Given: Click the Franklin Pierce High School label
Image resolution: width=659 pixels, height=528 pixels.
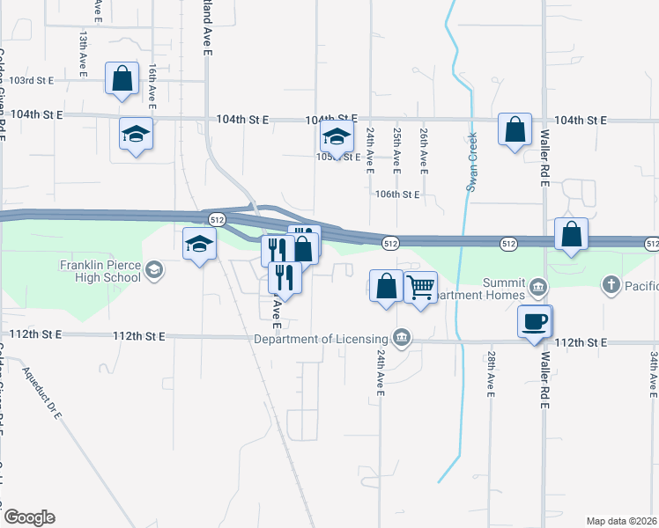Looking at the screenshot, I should [x=100, y=271].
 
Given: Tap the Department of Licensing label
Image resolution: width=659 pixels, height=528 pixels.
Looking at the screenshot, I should [x=321, y=339].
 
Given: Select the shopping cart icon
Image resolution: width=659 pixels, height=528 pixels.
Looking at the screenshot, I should [x=421, y=286].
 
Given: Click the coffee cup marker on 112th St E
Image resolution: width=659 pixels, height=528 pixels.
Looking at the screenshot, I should [x=535, y=321].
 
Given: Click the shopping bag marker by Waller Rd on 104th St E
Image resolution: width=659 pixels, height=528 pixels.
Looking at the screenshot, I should [x=515, y=128].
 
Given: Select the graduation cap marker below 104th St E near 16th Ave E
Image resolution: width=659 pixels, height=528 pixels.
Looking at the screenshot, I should [x=136, y=134].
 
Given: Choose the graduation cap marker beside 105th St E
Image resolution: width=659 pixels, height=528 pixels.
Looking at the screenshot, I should [x=336, y=137].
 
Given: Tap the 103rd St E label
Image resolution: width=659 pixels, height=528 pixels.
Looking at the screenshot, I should [x=26, y=80].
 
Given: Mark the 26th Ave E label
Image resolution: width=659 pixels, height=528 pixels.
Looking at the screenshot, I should [x=424, y=149].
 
